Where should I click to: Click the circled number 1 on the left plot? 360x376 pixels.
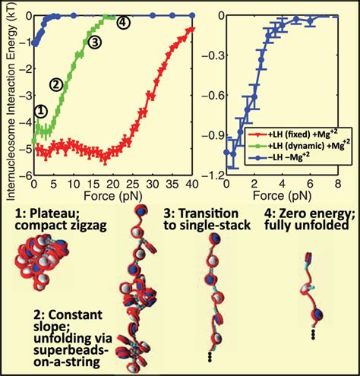[x=42, y=109]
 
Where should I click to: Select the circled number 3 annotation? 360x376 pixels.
[x=94, y=43]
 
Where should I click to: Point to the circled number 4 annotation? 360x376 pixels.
[x=122, y=23]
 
